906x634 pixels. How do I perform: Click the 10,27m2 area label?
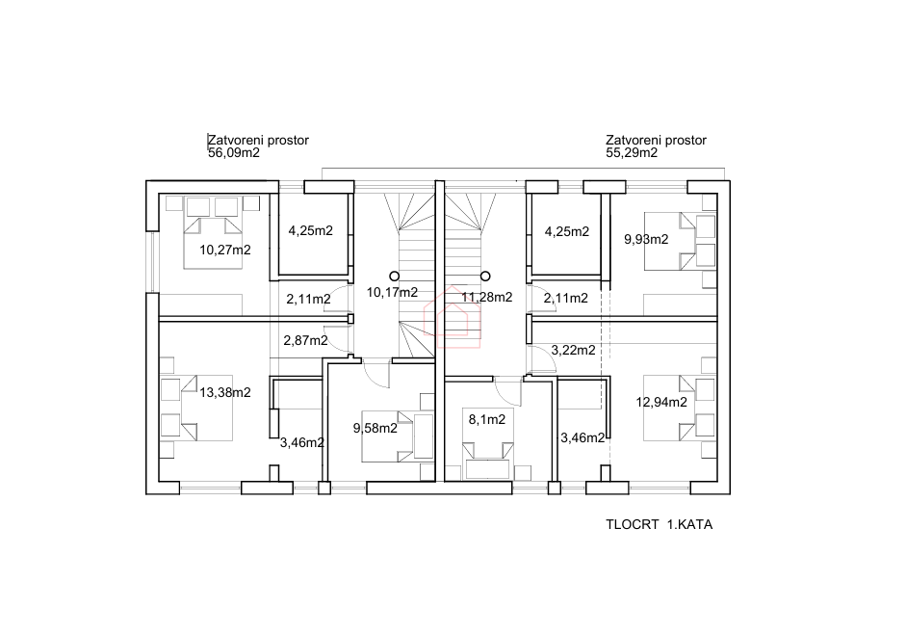pos(224,250)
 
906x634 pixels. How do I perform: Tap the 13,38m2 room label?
pos(224,391)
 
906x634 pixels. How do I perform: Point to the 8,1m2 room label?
pos(486,419)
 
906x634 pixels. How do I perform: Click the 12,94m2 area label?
pos(661,402)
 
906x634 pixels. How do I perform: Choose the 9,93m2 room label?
pos(646,240)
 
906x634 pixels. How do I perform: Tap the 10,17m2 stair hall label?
pos(393,291)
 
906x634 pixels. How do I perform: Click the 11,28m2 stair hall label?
pos(487,297)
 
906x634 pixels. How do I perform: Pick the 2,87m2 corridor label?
pos(305,340)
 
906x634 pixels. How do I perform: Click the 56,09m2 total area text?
pos(234,152)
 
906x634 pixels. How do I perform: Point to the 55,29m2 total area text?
pos(632,152)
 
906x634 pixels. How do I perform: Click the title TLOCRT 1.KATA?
pos(660,525)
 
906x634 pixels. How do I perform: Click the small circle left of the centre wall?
pos(393,275)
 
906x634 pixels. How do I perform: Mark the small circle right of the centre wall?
pos(485,275)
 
